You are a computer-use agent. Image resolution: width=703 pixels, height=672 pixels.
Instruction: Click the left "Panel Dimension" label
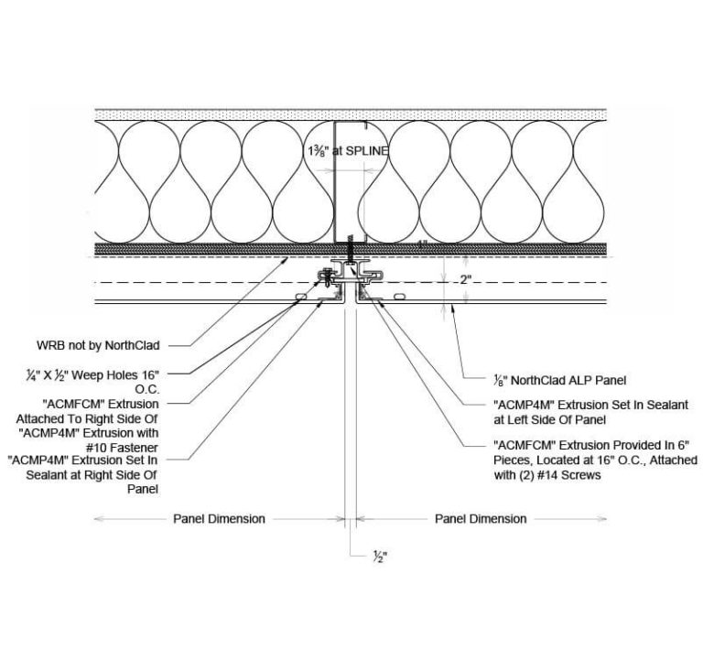point(220,518)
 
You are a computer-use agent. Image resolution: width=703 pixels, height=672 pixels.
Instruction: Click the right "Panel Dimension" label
point(481,518)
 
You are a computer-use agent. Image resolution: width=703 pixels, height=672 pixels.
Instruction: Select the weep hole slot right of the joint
point(398,297)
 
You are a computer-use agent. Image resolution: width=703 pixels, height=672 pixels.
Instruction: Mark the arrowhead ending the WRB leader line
point(291,259)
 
